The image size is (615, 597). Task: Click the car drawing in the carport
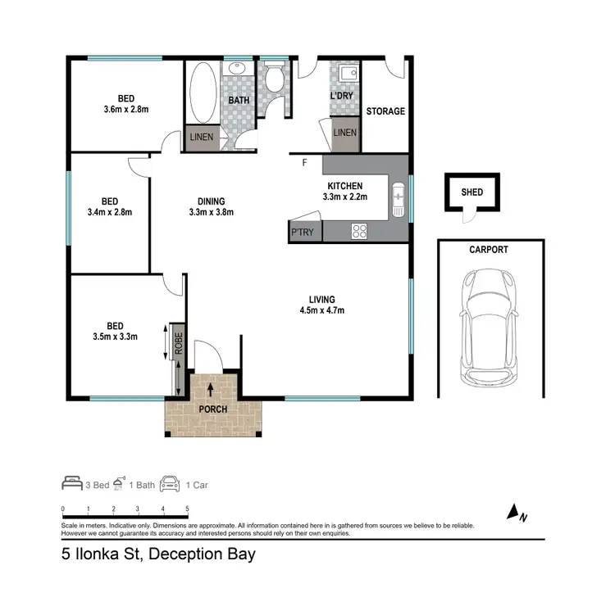pyautogui.click(x=490, y=328)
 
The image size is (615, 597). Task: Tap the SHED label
pyautogui.click(x=472, y=193)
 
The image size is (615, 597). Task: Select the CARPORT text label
pyautogui.click(x=489, y=250)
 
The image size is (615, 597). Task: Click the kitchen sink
pyautogui.click(x=399, y=197)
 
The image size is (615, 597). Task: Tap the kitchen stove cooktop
pyautogui.click(x=359, y=231)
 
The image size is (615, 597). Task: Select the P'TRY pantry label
pyautogui.click(x=302, y=233)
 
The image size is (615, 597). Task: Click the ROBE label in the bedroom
pyautogui.click(x=176, y=341)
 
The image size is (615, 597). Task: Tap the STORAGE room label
pyautogui.click(x=385, y=111)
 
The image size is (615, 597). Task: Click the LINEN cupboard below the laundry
pyautogui.click(x=345, y=133)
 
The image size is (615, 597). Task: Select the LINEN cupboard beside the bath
pyautogui.click(x=202, y=137)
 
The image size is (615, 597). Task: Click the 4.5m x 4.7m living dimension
pyautogui.click(x=321, y=310)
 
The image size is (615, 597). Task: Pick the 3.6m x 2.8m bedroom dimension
pyautogui.click(x=125, y=109)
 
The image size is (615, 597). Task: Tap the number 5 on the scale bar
pyautogui.click(x=188, y=509)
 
